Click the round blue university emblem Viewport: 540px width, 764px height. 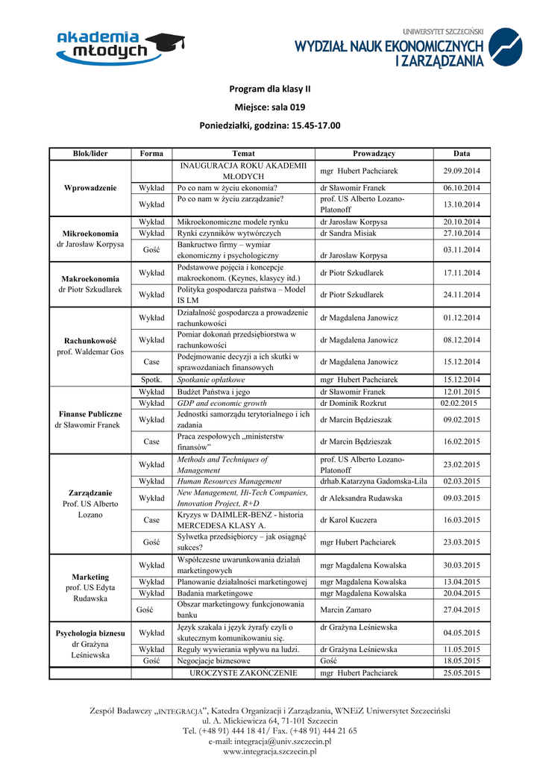tap(509, 47)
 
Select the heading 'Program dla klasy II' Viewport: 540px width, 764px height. tap(270, 89)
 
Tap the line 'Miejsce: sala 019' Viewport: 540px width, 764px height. tap(270, 107)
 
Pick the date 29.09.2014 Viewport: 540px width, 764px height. tap(462, 171)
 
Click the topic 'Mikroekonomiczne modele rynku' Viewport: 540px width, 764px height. tap(232, 222)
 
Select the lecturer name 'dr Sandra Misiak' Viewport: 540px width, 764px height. tap(349, 233)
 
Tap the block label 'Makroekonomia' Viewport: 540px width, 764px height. tap(90, 278)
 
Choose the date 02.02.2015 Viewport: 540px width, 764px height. tap(459, 403)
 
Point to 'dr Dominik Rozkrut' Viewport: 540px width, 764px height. tap(354, 403)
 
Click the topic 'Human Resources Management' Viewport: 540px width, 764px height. tap(229, 481)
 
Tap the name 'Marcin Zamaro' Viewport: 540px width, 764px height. tap(345, 610)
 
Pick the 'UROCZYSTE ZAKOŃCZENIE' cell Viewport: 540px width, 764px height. tap(244, 673)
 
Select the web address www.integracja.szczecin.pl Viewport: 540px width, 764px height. tap(270, 752)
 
